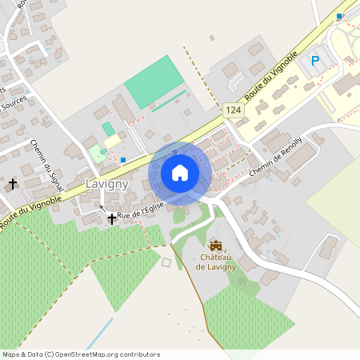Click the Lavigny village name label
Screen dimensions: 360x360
(106, 184)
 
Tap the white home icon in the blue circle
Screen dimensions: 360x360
(180, 173)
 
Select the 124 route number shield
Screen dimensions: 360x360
(233, 110)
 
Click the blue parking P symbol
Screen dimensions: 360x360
(315, 60)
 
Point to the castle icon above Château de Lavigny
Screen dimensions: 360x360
(215, 243)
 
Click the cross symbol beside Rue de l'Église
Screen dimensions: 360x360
(112, 218)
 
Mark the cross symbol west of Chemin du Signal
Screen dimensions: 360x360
(12, 185)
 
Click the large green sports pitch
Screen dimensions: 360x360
(160, 81)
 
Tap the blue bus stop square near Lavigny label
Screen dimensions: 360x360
(123, 160)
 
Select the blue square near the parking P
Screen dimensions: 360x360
(339, 16)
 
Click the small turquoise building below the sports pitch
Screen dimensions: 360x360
(108, 129)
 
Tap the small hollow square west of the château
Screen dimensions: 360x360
(166, 262)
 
